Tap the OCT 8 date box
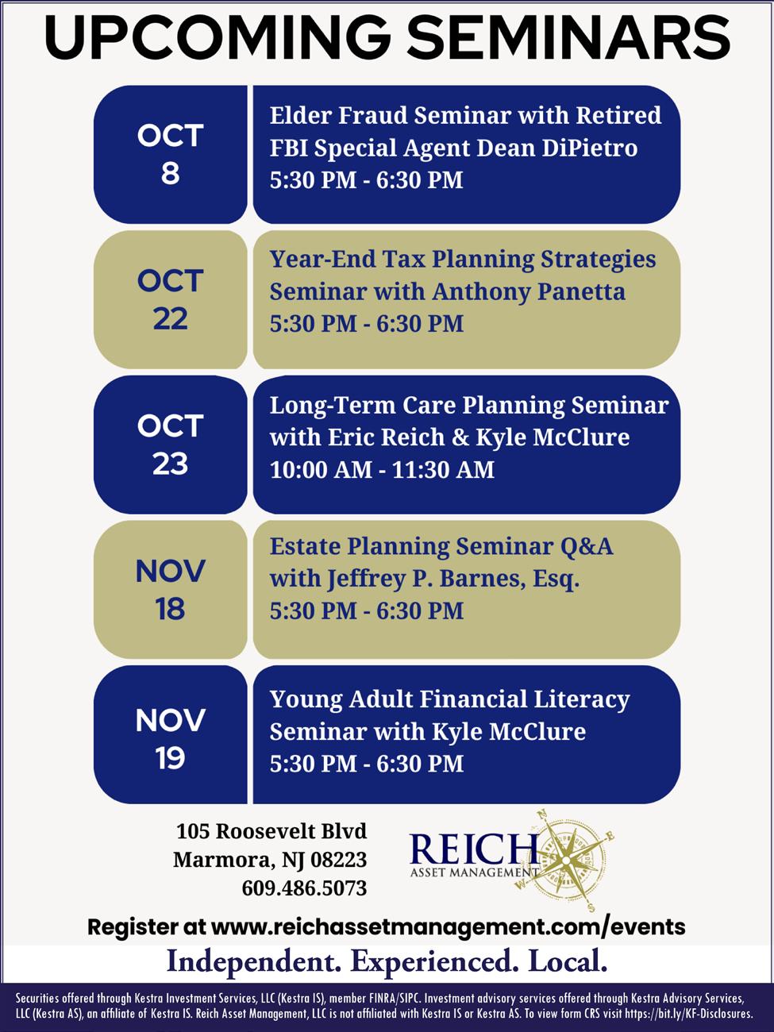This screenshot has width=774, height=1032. pyautogui.click(x=171, y=154)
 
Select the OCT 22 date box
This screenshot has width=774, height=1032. pyautogui.click(x=171, y=299)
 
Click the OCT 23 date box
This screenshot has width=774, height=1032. pyautogui.click(x=171, y=445)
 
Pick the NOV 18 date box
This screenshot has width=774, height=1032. pyautogui.click(x=171, y=590)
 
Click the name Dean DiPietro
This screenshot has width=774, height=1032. pyautogui.click(x=556, y=148)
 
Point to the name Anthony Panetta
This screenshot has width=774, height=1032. pyautogui.click(x=529, y=292)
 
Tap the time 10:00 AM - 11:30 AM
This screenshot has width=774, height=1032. pyautogui.click(x=382, y=470)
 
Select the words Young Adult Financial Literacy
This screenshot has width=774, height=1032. pyautogui.click(x=449, y=699)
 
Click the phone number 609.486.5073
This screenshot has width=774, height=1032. pyautogui.click(x=304, y=888)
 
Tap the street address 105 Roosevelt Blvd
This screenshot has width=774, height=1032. pyautogui.click(x=271, y=831)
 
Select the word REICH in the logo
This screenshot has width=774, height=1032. pyautogui.click(x=468, y=849)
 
